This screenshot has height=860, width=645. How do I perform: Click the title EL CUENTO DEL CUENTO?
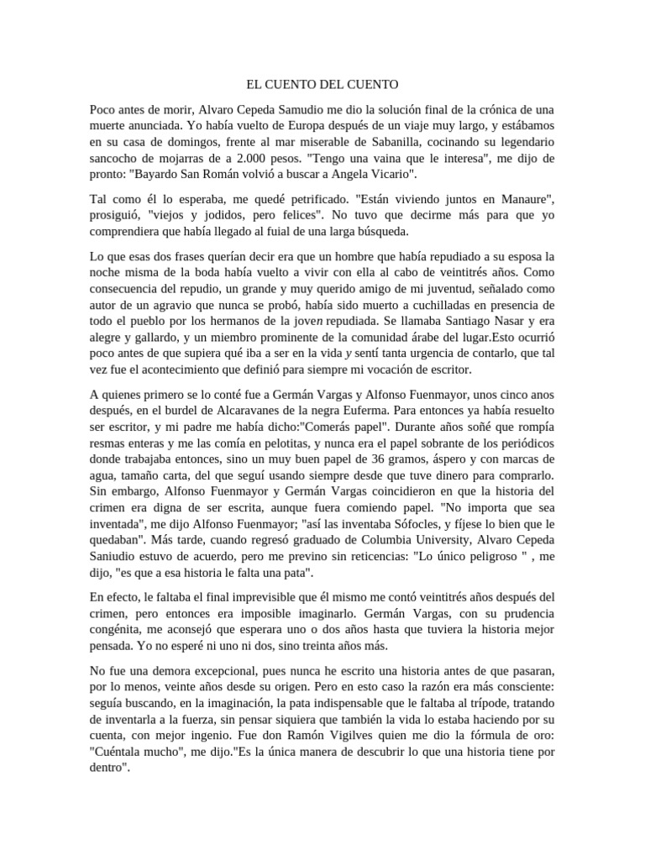click(x=322, y=85)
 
